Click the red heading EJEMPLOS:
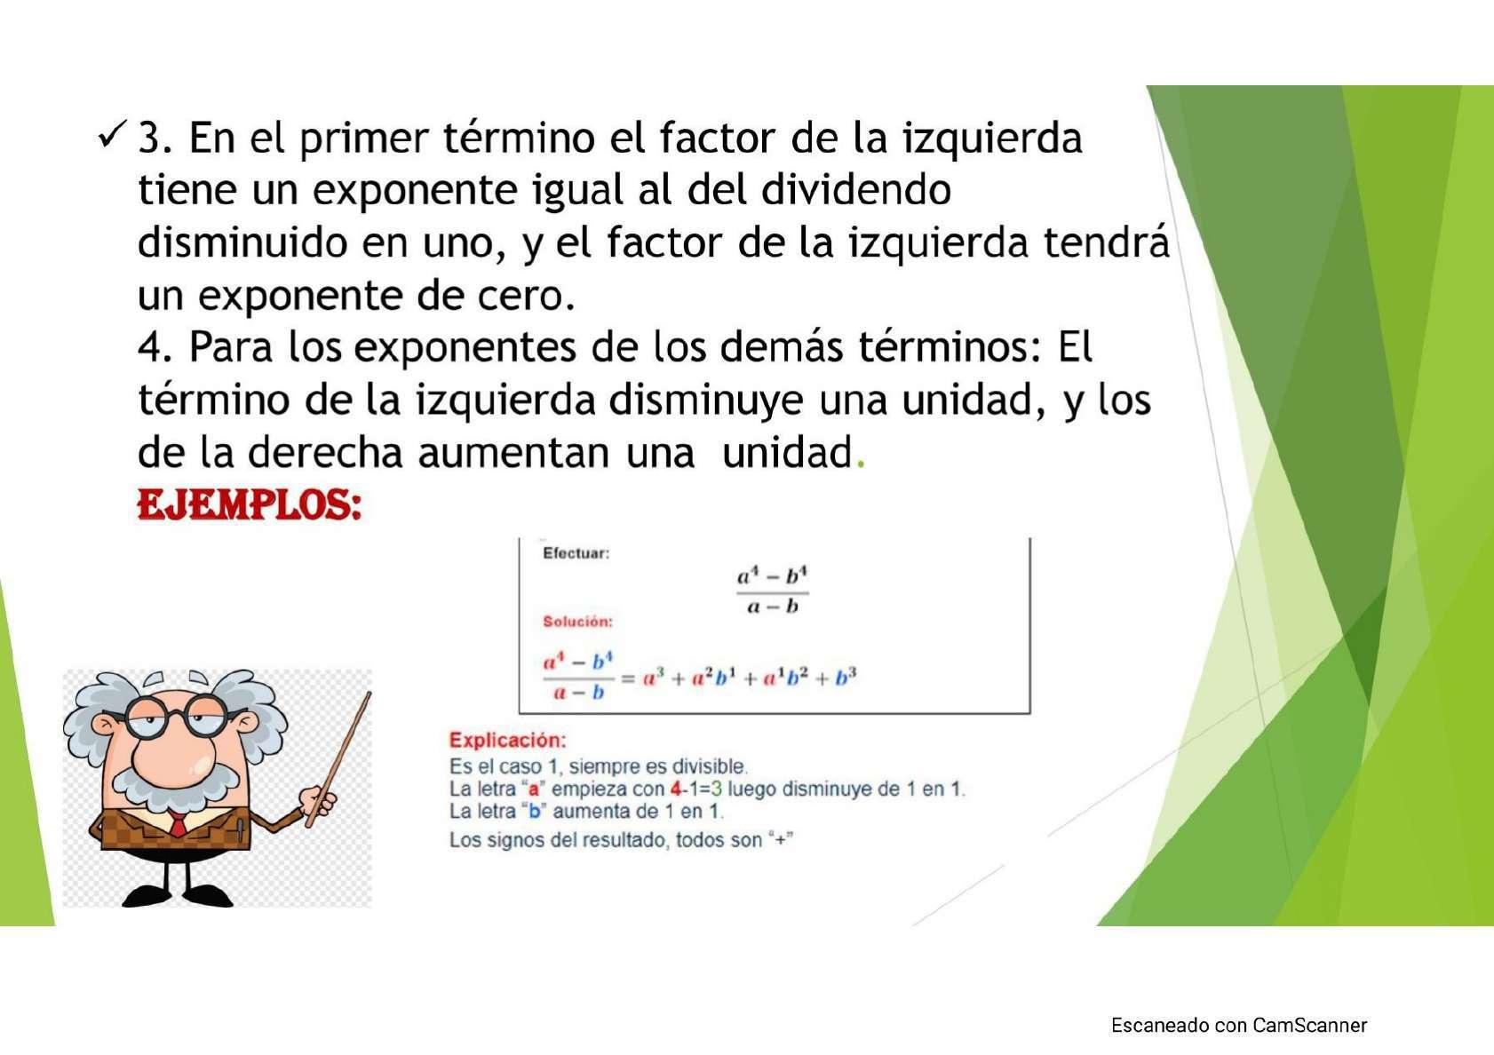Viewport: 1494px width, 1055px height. point(250,504)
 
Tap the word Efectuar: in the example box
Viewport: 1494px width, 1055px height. point(576,553)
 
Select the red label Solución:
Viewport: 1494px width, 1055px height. point(577,622)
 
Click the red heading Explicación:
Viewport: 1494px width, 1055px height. point(507,740)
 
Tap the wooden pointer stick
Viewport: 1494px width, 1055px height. point(338,760)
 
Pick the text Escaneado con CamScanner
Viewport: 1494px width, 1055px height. point(1238,1025)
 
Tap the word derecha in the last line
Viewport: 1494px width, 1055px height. point(325,451)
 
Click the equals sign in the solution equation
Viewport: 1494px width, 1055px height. point(627,678)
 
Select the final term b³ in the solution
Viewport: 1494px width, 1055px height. point(845,677)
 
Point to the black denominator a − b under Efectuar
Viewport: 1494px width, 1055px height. point(773,607)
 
